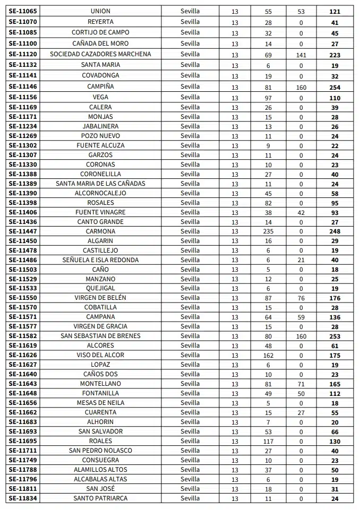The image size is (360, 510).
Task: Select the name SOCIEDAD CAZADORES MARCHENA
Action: (100, 54)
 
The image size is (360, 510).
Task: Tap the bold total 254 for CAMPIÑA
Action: (335, 87)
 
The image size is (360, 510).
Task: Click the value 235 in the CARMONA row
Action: (268, 231)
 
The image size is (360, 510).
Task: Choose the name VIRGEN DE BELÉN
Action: (100, 298)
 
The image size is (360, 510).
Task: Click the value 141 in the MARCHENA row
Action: (301, 54)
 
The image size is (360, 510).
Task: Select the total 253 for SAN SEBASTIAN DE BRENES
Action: (335, 336)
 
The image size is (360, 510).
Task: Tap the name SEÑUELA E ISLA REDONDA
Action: (100, 260)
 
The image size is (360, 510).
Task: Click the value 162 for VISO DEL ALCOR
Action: (268, 355)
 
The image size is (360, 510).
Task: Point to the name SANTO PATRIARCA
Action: (100, 498)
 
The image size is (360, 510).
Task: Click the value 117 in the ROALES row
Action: (268, 441)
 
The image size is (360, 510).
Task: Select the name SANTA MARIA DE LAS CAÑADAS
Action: (100, 184)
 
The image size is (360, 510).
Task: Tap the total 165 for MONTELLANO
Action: (335, 384)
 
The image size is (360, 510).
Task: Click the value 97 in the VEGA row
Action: (268, 98)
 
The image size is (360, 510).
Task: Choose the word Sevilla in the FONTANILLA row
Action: (190, 393)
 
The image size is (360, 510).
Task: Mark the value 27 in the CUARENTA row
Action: (301, 412)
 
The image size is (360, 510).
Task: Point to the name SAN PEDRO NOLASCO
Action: (100, 451)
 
